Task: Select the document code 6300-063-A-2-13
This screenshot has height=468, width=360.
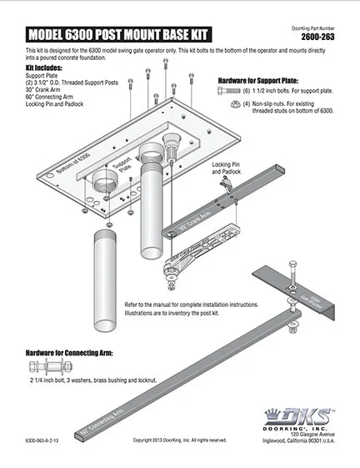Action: [41, 440]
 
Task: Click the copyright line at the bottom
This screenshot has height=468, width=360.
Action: [179, 440]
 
